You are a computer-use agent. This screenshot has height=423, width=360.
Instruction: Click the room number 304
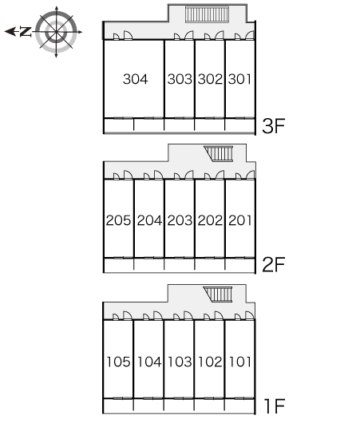(x=135, y=79)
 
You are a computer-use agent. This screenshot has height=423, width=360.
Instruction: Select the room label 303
(x=180, y=79)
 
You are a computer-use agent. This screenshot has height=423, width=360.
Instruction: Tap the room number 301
(x=239, y=79)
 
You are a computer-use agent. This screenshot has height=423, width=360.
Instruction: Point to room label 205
(x=118, y=220)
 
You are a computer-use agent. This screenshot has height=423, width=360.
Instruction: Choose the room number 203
(x=180, y=220)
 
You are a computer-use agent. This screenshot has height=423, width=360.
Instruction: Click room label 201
(x=240, y=220)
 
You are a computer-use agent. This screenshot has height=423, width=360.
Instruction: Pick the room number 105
(x=118, y=362)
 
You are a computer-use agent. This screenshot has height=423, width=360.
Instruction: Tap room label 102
(x=210, y=362)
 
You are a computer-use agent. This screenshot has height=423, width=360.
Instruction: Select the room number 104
(x=149, y=362)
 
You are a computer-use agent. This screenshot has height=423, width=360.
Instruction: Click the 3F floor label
(x=273, y=126)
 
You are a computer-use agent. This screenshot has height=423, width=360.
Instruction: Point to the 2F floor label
(x=273, y=265)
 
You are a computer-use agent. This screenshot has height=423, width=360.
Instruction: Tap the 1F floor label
(x=275, y=406)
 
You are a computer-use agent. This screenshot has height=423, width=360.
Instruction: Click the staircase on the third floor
(x=207, y=14)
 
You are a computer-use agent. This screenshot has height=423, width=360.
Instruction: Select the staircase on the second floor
(x=219, y=154)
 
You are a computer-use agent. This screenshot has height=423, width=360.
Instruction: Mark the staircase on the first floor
(x=218, y=295)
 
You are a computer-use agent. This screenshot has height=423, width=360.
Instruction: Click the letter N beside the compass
(x=26, y=32)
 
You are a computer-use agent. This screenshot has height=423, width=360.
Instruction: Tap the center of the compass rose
(x=56, y=32)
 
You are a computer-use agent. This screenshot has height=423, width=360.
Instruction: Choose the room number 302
(x=210, y=79)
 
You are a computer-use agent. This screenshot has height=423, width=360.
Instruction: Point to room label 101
(x=240, y=362)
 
